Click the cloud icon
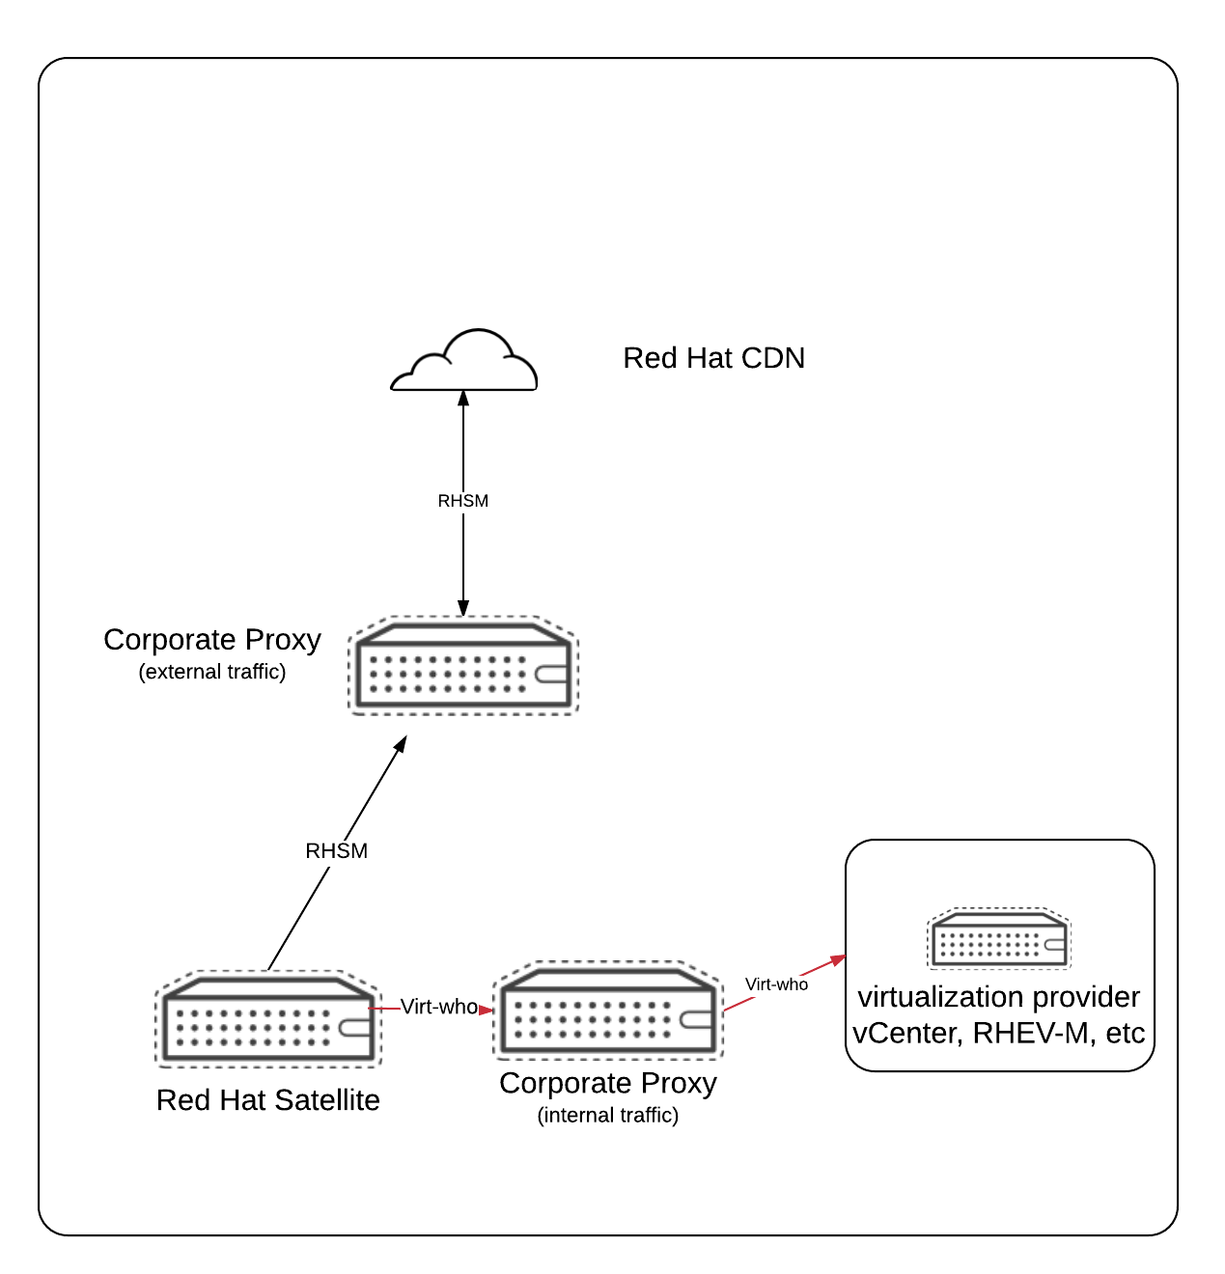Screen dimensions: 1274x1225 click(x=463, y=363)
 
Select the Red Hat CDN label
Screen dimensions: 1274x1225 click(x=713, y=358)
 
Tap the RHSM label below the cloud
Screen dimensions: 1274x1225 click(x=463, y=501)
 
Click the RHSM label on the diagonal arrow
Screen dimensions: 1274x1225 click(x=337, y=850)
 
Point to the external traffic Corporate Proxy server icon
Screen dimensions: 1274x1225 click(x=463, y=666)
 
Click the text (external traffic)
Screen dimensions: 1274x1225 click(x=212, y=672)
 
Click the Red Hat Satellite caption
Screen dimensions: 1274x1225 click(x=268, y=1100)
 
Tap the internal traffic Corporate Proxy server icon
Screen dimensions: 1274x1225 click(x=608, y=1010)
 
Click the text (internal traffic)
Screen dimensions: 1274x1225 click(x=608, y=1116)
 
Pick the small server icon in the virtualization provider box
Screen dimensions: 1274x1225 click(x=999, y=938)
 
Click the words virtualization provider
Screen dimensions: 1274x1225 click(x=999, y=997)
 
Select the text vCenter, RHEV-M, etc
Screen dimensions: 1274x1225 click(x=999, y=1034)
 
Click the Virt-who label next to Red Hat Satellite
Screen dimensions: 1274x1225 click(x=439, y=1007)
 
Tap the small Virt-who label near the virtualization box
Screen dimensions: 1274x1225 click(x=776, y=984)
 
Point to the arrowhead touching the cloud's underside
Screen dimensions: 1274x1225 click(x=463, y=398)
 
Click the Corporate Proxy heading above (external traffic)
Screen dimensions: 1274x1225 click(x=212, y=640)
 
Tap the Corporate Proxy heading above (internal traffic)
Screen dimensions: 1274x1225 click(x=608, y=1084)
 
